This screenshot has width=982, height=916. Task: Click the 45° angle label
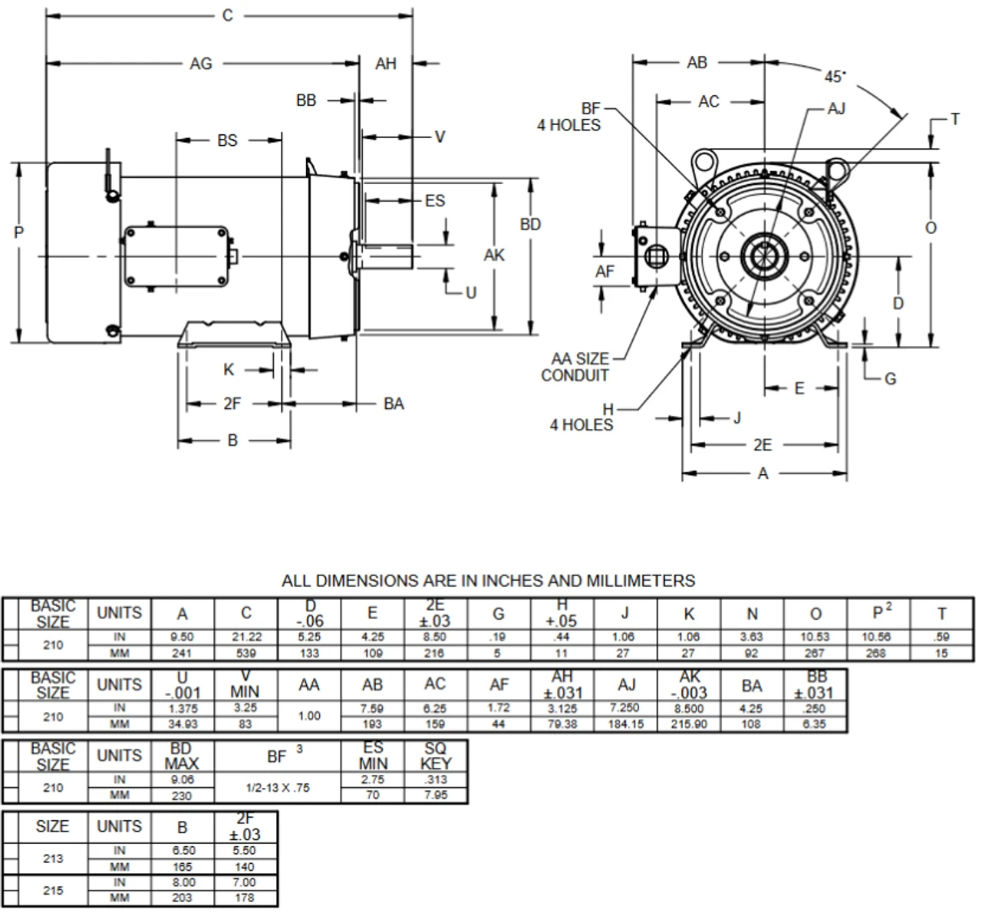[835, 77]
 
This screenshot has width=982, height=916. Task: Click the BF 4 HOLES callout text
[568, 117]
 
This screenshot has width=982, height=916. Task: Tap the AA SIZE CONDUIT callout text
[575, 367]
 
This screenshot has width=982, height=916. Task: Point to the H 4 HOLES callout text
[582, 417]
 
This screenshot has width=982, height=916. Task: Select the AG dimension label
[201, 64]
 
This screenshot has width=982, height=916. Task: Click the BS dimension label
[227, 140]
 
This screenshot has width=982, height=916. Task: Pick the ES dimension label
[434, 200]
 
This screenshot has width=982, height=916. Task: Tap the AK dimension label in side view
[494, 254]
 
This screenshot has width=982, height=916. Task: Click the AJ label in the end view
[835, 109]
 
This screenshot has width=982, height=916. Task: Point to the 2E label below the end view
[762, 445]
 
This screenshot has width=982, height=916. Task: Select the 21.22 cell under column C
[246, 637]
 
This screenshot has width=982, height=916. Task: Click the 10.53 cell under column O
[815, 637]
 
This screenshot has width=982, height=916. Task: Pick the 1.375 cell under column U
[183, 708]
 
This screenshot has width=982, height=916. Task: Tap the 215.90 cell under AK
[689, 724]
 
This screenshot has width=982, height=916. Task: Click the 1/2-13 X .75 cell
[278, 787]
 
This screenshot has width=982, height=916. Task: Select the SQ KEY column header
[436, 756]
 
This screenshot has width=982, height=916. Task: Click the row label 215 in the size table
[53, 890]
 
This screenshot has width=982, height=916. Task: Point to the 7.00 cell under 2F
[245, 882]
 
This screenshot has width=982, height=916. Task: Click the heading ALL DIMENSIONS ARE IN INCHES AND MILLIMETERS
[488, 581]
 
